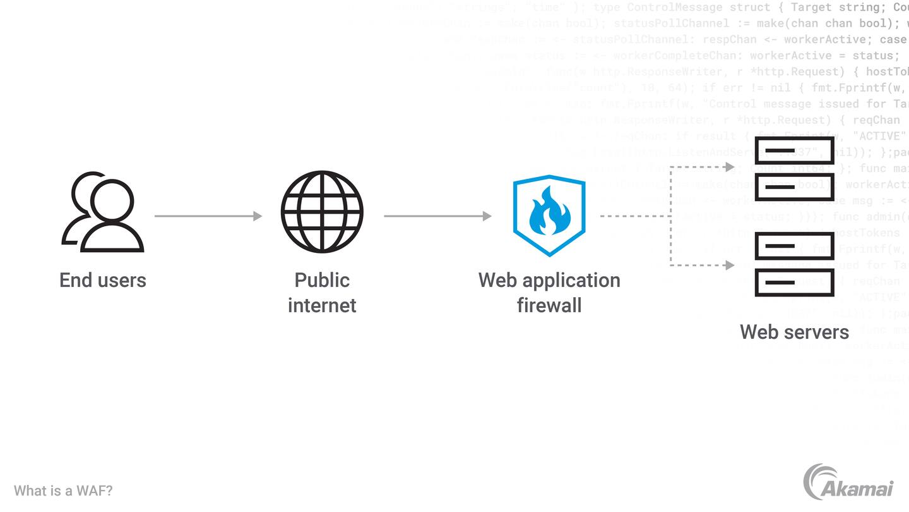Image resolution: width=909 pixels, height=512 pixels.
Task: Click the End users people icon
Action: click(x=103, y=212)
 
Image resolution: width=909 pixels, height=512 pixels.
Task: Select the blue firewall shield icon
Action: click(x=549, y=215)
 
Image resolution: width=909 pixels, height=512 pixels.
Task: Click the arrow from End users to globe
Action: click(x=208, y=216)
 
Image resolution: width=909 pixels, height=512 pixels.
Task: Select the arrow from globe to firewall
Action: click(x=437, y=216)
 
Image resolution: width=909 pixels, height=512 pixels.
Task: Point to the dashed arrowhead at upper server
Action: click(x=730, y=168)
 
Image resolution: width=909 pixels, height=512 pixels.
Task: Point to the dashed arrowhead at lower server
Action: click(x=730, y=265)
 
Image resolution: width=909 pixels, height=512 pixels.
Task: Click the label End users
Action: click(x=103, y=280)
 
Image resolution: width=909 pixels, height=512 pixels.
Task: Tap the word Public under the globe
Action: click(x=322, y=280)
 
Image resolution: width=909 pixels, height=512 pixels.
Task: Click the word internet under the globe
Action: click(x=322, y=305)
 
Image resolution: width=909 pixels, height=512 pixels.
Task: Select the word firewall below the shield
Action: click(x=549, y=305)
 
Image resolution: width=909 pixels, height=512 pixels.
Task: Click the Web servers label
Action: click(x=794, y=332)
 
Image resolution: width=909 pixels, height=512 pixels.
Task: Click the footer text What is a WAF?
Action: click(x=63, y=491)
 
